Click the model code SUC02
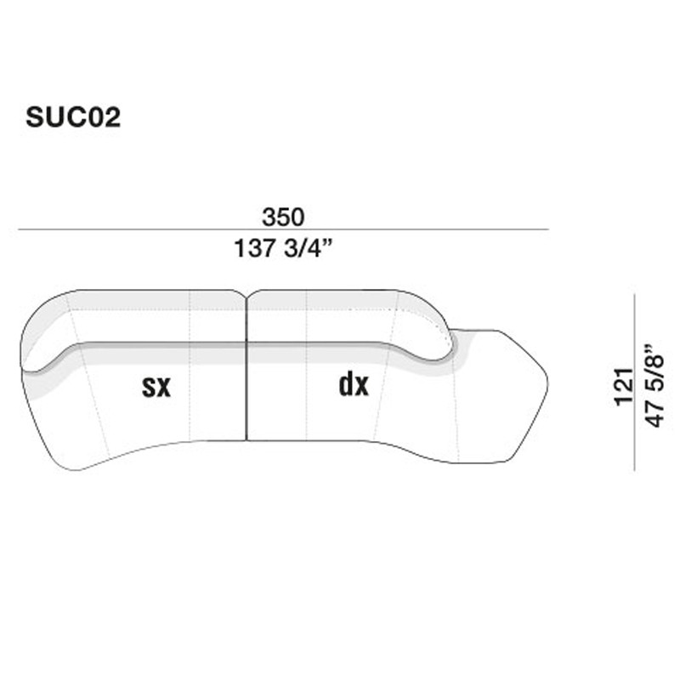(x=73, y=117)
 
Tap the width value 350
(x=283, y=218)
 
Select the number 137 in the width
(x=252, y=249)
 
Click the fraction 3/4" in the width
(x=307, y=249)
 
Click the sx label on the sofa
(x=156, y=387)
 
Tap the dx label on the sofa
(x=354, y=385)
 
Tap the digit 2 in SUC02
(x=112, y=117)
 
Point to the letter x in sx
(x=164, y=388)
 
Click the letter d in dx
(x=346, y=384)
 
